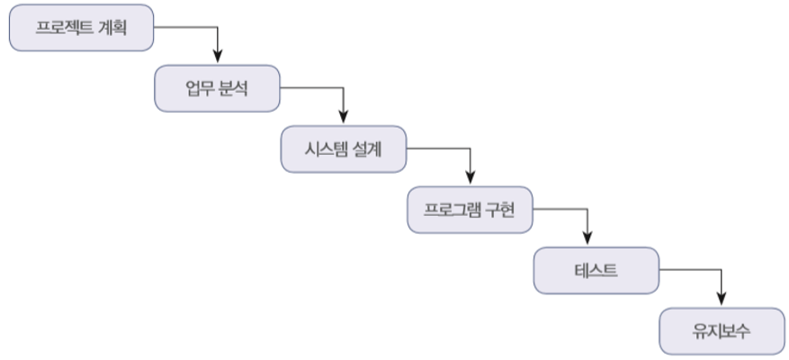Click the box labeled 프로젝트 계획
click(81, 28)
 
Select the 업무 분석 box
click(216, 89)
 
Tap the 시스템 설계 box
click(343, 148)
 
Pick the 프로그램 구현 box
click(469, 210)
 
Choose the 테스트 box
click(595, 269)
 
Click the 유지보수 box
click(721, 330)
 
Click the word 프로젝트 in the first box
click(66, 28)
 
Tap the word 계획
click(112, 28)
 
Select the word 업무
click(199, 89)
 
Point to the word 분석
click(233, 89)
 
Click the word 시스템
click(327, 148)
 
